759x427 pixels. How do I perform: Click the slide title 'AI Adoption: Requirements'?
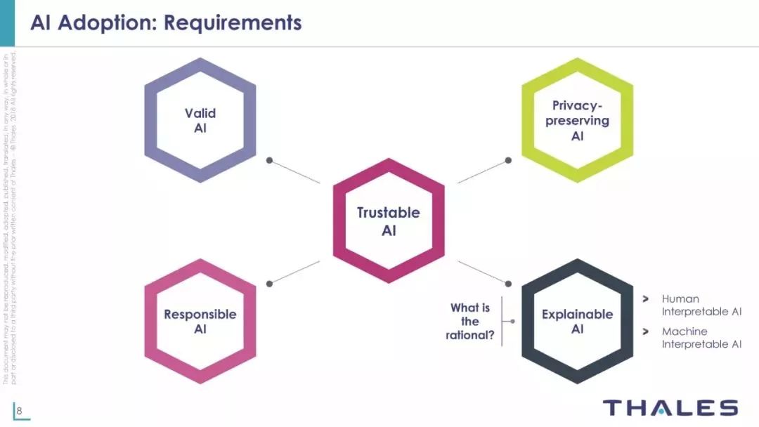(x=166, y=22)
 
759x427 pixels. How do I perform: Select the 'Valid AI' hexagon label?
(x=200, y=120)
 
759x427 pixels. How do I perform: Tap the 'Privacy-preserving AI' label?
(x=577, y=120)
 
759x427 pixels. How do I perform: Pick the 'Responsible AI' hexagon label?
(x=200, y=322)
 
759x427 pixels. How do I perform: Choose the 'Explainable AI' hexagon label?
(x=577, y=322)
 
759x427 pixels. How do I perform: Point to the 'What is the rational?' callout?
(x=470, y=322)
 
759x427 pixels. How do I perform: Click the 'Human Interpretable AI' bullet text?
(x=701, y=305)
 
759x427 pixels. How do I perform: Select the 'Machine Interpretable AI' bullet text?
(x=701, y=337)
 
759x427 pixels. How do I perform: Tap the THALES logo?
(x=670, y=408)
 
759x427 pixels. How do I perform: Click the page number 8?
(x=20, y=411)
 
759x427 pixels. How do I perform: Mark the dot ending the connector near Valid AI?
(x=269, y=160)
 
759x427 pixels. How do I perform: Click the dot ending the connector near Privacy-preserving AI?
(x=508, y=160)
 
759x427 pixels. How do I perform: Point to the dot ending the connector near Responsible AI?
(x=269, y=283)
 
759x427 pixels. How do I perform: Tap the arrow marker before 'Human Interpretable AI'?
(x=645, y=299)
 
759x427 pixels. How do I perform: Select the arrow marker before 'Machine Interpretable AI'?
(x=645, y=331)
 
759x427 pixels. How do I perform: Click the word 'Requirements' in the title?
(x=233, y=22)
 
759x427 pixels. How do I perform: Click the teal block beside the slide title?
(x=7, y=22)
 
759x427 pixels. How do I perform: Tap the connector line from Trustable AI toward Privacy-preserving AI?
(x=482, y=172)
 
